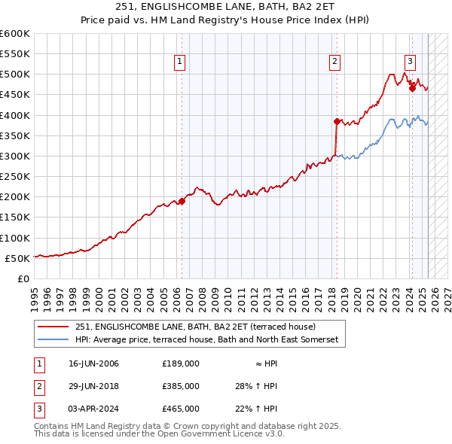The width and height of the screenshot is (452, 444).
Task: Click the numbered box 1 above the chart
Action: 181,62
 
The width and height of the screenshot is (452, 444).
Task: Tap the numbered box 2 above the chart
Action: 334,62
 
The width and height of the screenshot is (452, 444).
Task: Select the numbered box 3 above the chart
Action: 410,62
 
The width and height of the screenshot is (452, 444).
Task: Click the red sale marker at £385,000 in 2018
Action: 337,121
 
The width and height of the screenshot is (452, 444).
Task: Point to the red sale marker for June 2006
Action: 182,201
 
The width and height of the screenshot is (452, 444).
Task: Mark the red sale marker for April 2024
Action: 412,88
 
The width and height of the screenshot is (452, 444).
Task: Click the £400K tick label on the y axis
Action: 15,115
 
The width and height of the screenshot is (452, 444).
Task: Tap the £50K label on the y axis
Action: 18,258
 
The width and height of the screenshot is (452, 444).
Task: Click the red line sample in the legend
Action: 53,327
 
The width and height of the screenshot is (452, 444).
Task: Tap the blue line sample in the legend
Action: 53,340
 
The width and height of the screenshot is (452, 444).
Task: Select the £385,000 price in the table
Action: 181,386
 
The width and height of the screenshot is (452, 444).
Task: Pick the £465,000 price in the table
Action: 181,409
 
